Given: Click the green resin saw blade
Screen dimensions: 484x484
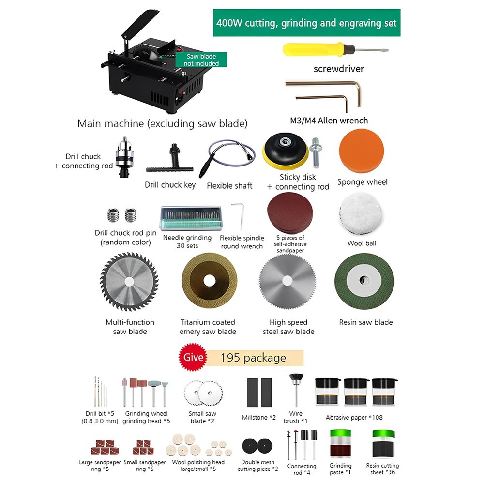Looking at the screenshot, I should (x=364, y=281).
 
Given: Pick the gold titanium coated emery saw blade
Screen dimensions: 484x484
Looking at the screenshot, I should (x=210, y=281).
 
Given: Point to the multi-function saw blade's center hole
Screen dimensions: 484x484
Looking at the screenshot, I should (x=129, y=282).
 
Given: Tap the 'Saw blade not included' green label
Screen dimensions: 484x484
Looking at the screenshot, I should (x=201, y=60).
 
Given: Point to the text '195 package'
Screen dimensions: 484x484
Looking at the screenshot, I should (x=253, y=358).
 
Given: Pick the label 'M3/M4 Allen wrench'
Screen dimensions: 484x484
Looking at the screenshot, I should (x=329, y=121).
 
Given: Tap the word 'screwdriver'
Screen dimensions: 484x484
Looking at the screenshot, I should (x=339, y=69).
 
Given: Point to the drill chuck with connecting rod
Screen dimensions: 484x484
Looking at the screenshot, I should (x=124, y=156).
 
